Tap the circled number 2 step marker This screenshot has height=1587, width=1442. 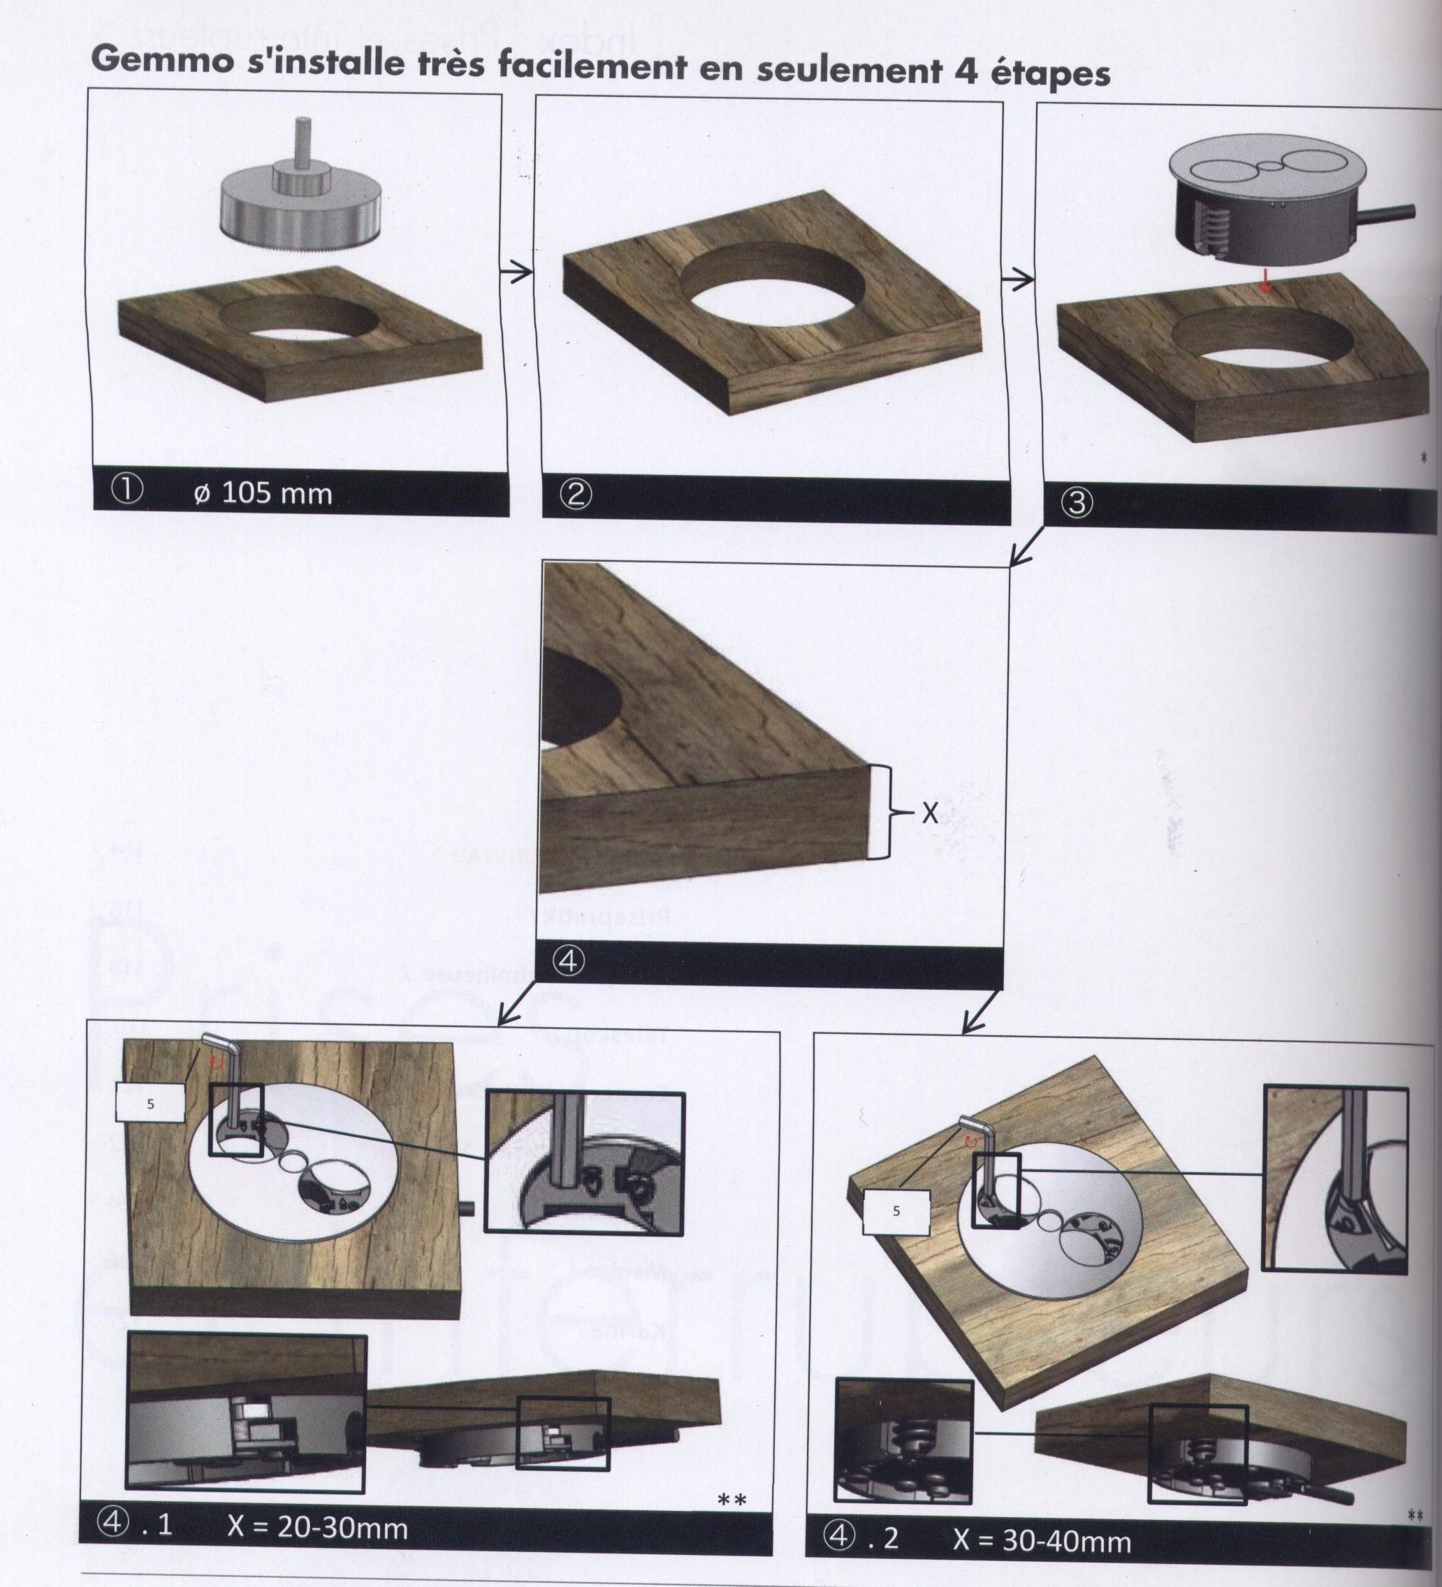(576, 495)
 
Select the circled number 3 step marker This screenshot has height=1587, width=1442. (1077, 503)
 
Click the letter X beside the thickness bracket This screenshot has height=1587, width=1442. (929, 813)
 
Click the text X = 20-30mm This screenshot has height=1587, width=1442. (317, 1528)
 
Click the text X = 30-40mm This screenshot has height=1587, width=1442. (1041, 1540)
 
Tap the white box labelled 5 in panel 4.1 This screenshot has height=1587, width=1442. (150, 1104)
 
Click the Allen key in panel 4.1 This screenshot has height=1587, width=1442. (228, 1078)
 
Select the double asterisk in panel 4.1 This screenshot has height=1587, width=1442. (731, 1501)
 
